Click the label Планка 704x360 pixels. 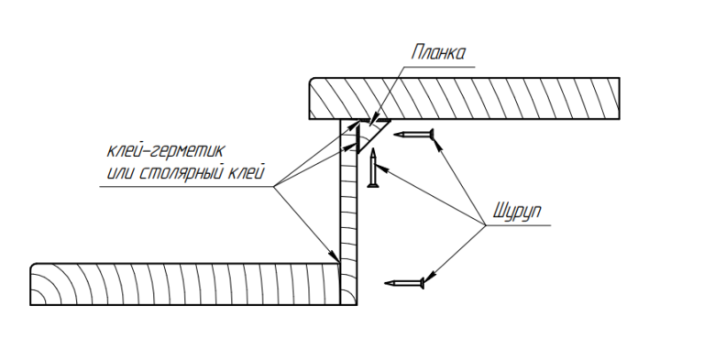coord(438,52)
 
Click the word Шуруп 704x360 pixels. coord(517,211)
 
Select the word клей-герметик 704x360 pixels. coord(165,151)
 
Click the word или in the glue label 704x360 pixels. coord(121,173)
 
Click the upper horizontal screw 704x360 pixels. coord(413,134)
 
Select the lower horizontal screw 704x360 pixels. coord(404,283)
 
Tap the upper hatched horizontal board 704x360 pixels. coord(464,98)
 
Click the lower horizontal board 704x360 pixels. coord(184,284)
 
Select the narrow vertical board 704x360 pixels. coord(348,213)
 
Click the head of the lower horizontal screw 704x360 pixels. coord(422,283)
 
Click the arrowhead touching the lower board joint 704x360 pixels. coord(335,256)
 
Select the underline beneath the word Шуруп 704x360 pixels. coord(518,225)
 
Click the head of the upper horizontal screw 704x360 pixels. coord(432,134)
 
